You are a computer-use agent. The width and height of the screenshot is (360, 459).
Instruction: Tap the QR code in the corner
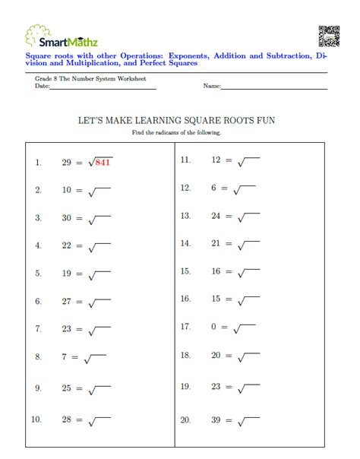click(329, 36)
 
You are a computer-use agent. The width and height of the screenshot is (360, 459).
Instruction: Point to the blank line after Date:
click(103, 88)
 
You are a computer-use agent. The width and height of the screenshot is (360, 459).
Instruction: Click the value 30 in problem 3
click(67, 218)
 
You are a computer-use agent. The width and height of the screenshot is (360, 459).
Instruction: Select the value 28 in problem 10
click(67, 419)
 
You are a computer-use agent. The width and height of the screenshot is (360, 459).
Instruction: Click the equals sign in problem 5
click(79, 274)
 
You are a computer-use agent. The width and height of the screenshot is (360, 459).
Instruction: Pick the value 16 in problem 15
click(216, 271)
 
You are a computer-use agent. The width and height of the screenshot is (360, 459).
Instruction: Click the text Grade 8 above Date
click(48, 79)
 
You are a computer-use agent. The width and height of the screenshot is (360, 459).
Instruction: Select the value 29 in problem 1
click(67, 163)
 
